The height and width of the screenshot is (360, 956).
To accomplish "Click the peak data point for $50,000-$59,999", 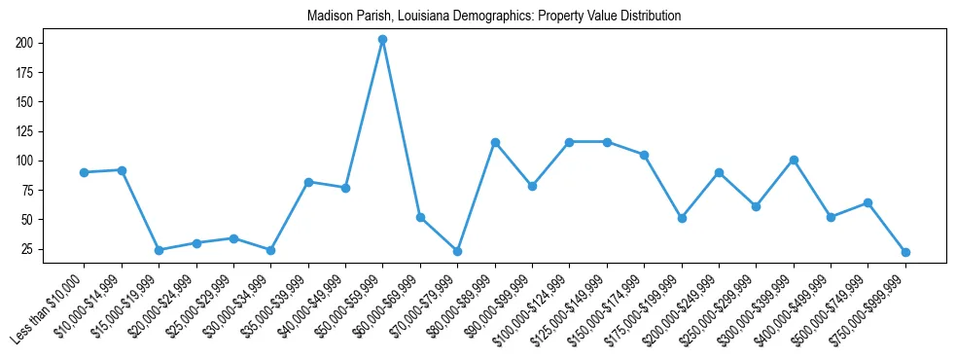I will pos(382,40).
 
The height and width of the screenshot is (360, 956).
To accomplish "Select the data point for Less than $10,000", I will pos(85,172).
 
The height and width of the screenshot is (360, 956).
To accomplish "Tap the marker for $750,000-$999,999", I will pos(905,252).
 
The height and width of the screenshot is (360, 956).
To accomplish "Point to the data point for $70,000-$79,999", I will pos(457,251).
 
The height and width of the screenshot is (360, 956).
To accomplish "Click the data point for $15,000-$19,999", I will pos(159,250).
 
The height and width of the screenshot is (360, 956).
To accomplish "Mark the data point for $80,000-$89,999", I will pos(495,142).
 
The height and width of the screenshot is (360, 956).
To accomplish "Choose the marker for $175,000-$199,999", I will pos(682,218).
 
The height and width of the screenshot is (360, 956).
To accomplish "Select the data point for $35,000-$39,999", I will pos(308,182).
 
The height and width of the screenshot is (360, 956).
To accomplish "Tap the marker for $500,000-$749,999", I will pos(867,202).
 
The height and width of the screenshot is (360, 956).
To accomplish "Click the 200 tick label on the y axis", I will pos(25,43).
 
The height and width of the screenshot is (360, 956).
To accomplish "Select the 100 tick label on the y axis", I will pos(25,161).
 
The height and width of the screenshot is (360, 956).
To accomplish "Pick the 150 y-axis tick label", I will pos(25,102).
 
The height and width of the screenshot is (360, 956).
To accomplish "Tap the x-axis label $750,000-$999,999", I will pos(871,310).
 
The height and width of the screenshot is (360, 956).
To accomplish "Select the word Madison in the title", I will pos(329,17).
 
